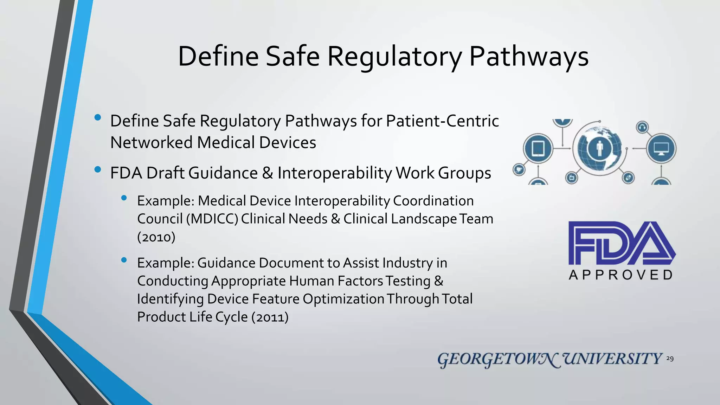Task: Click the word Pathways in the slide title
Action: [528, 57]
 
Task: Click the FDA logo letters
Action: [621, 243]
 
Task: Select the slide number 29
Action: [670, 359]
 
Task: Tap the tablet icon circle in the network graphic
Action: [538, 148]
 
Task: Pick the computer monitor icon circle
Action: [661, 148]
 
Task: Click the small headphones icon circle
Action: [642, 127]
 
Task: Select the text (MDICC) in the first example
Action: [212, 219]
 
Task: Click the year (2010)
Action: [156, 237]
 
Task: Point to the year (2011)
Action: [270, 317]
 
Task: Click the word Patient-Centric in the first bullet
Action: [442, 121]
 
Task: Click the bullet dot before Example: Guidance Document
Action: [124, 260]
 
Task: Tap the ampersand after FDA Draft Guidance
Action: [268, 173]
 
